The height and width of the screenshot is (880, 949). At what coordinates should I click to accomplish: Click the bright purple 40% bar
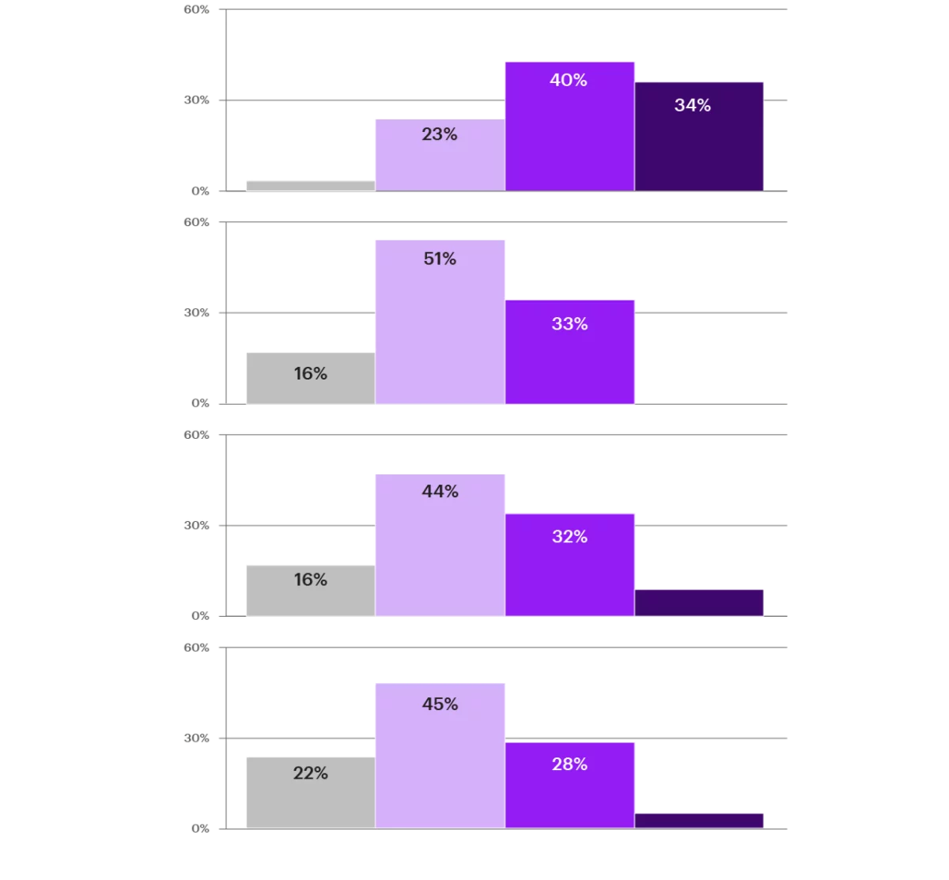pyautogui.click(x=569, y=127)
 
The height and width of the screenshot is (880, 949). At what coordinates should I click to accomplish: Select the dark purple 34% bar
pyautogui.click(x=698, y=137)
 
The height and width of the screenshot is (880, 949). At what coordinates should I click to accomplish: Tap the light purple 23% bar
pyautogui.click(x=440, y=155)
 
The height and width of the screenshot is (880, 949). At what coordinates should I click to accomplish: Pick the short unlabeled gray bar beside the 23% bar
pyautogui.click(x=311, y=186)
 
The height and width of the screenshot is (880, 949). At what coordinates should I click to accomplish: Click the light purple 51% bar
pyautogui.click(x=440, y=322)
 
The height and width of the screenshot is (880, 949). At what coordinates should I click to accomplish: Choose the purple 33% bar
pyautogui.click(x=569, y=352)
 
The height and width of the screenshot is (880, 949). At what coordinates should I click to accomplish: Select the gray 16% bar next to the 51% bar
pyautogui.click(x=311, y=379)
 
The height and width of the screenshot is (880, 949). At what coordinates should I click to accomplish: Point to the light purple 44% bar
pyautogui.click(x=440, y=545)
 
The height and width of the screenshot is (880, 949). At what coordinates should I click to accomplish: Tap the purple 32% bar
pyautogui.click(x=569, y=565)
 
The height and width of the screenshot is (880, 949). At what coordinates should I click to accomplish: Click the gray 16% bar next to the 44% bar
pyautogui.click(x=311, y=591)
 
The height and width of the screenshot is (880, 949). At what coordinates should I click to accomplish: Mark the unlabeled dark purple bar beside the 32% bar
pyautogui.click(x=698, y=603)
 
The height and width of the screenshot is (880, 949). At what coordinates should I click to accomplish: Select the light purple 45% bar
pyautogui.click(x=440, y=756)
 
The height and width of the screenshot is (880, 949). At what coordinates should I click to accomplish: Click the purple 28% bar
pyautogui.click(x=569, y=785)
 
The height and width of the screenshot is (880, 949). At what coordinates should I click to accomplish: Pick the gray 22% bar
pyautogui.click(x=311, y=792)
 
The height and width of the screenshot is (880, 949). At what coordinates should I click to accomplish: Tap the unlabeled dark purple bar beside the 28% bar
pyautogui.click(x=698, y=821)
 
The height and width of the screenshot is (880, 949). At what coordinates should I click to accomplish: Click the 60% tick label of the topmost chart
pyautogui.click(x=196, y=9)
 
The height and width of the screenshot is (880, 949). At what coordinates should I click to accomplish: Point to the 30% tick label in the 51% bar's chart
pyautogui.click(x=196, y=312)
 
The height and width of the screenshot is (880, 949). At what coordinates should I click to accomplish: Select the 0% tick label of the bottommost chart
pyautogui.click(x=200, y=829)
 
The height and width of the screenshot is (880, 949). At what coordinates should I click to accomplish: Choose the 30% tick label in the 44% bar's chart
pyautogui.click(x=196, y=525)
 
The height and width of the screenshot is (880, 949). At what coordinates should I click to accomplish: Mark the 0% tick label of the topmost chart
pyautogui.click(x=200, y=191)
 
